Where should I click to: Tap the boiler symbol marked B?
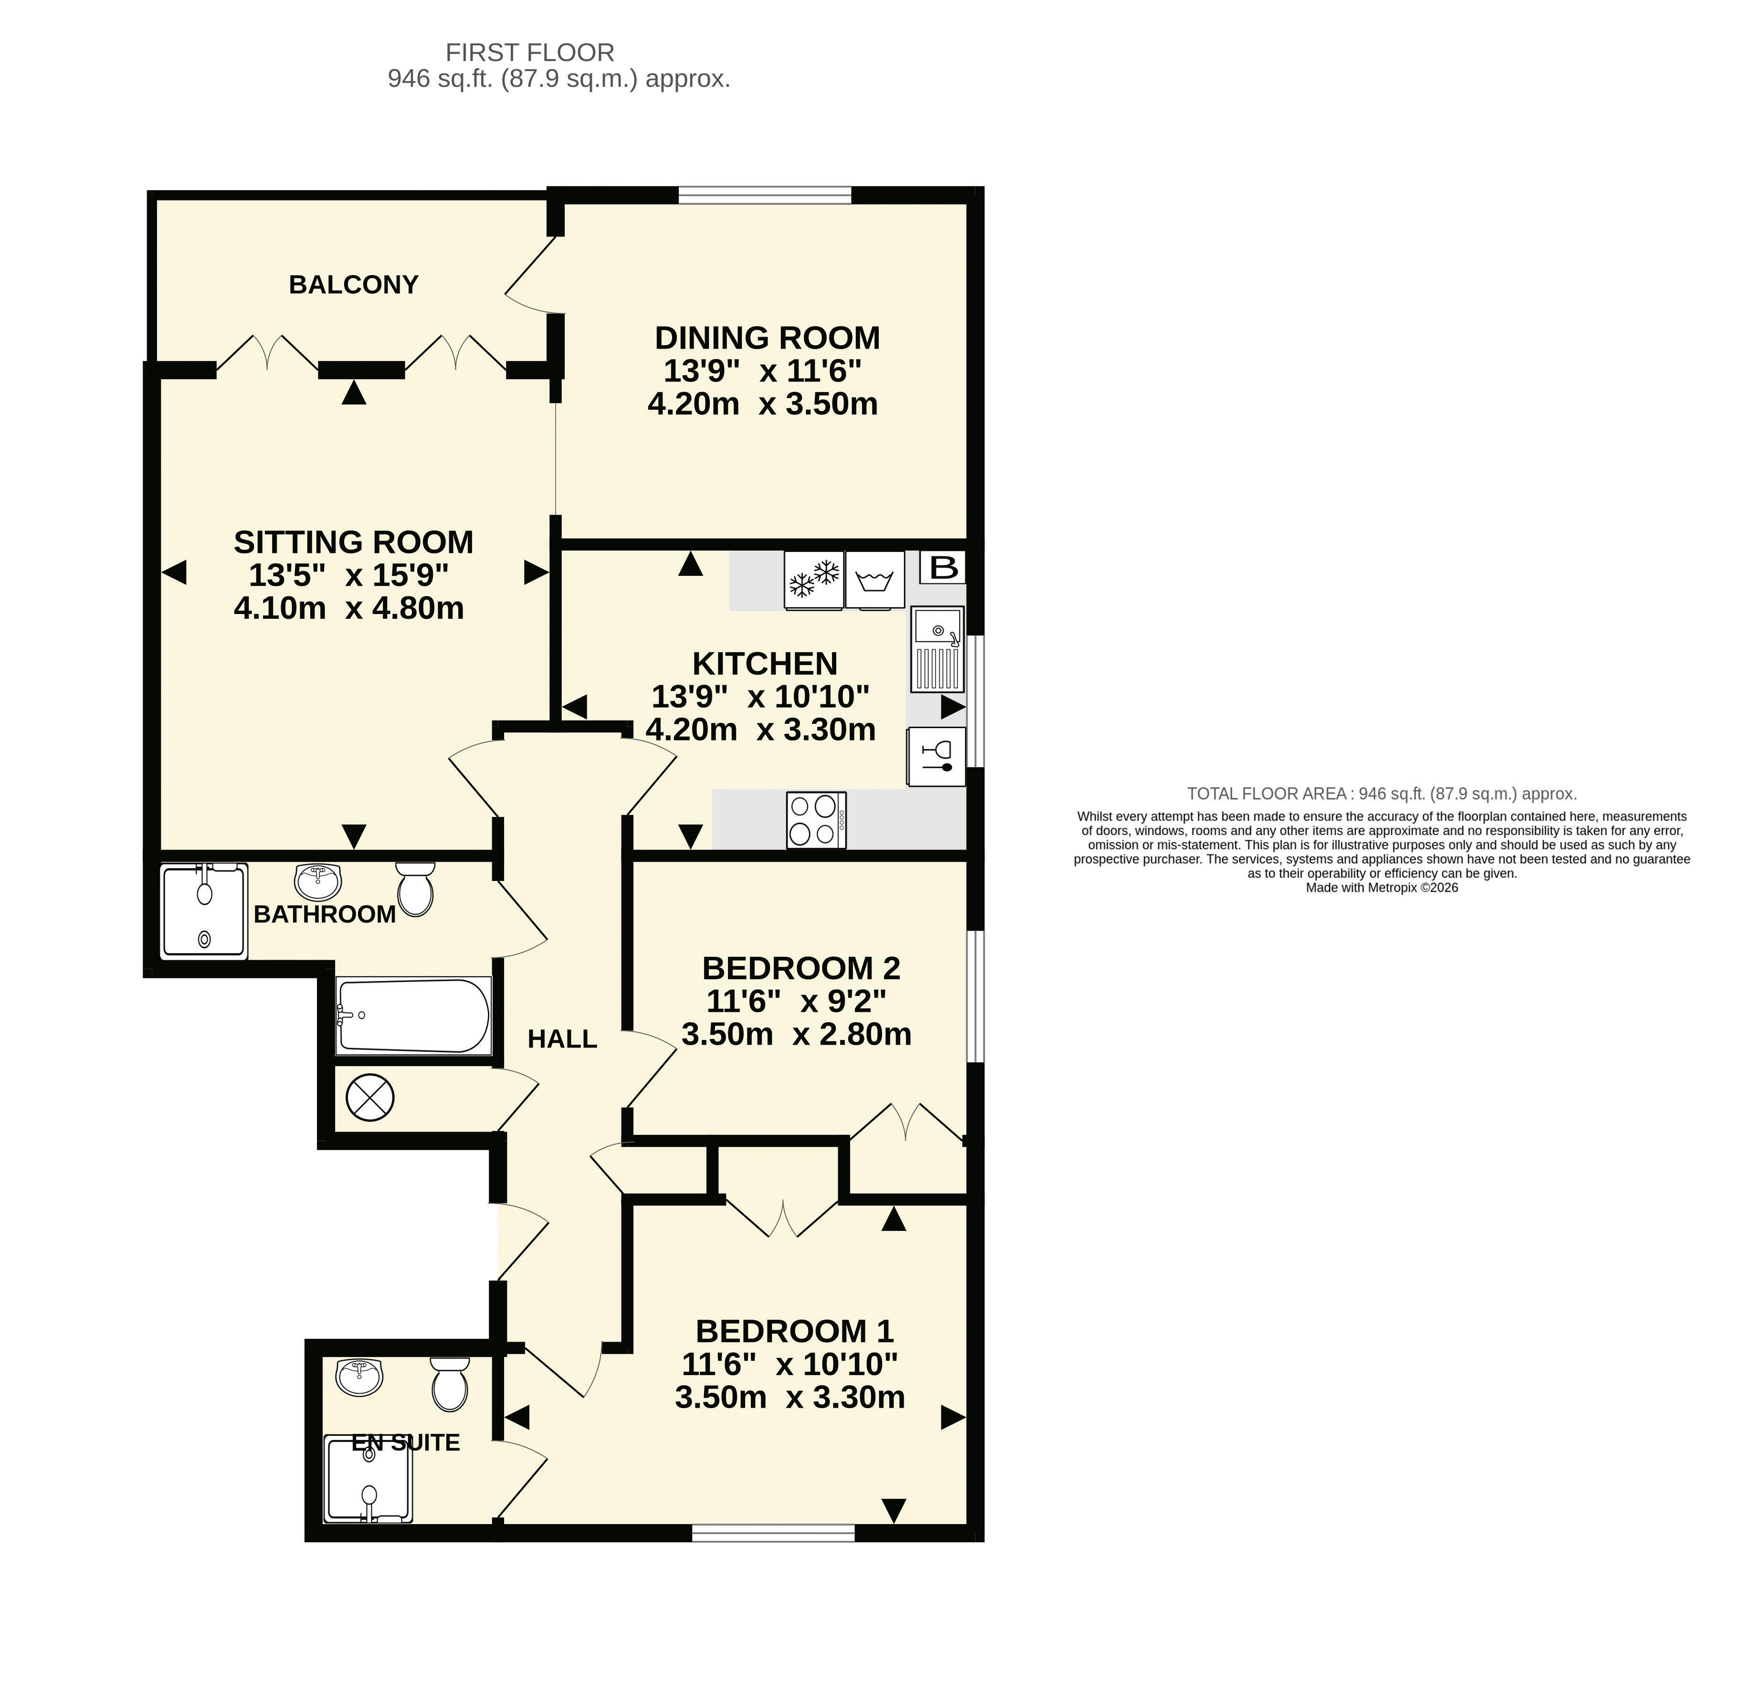(x=943, y=567)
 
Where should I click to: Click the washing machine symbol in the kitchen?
(x=874, y=581)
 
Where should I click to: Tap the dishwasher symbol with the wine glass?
(x=936, y=756)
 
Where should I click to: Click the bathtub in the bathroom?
(x=413, y=1017)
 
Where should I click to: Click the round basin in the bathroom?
(x=317, y=882)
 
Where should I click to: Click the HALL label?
(x=562, y=1039)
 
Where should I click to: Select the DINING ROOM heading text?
(x=768, y=338)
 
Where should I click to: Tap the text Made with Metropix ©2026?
(x=1381, y=888)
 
